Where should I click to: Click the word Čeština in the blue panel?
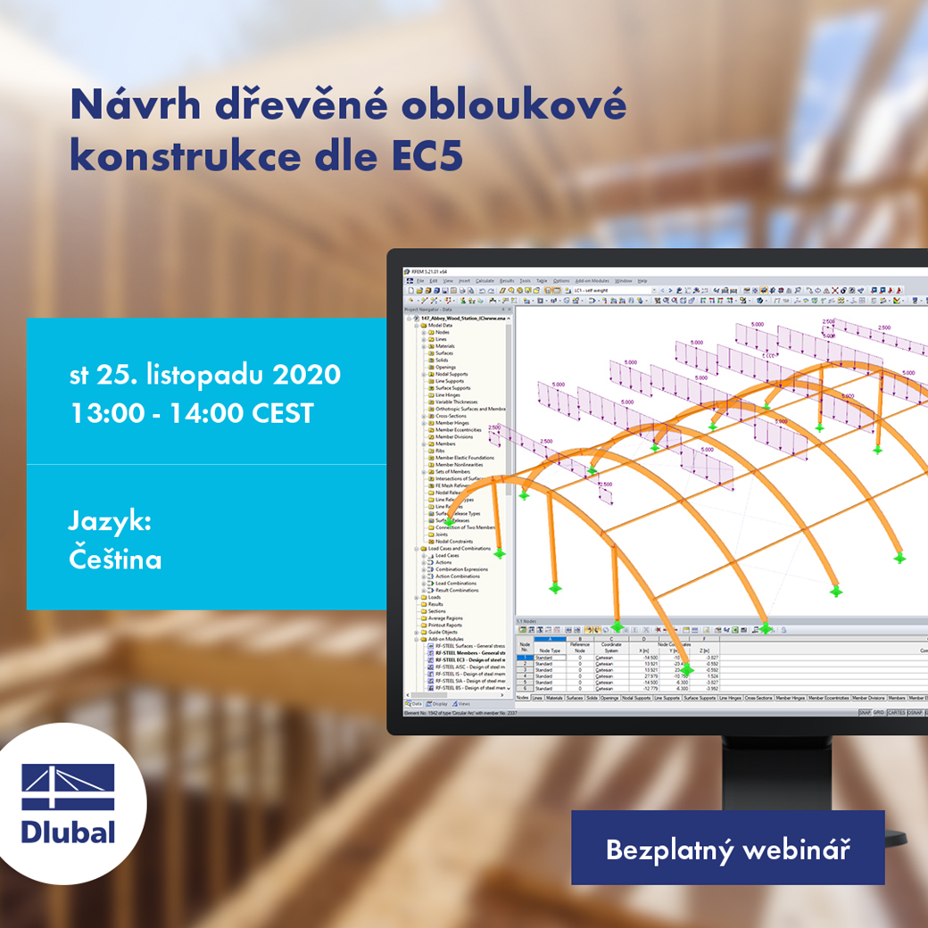point(115,560)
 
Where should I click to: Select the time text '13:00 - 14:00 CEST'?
point(191,414)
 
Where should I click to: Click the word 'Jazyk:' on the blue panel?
point(110,522)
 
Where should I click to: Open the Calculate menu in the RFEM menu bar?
point(485,280)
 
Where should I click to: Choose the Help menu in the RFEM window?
point(642,280)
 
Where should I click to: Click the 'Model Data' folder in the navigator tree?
point(441,326)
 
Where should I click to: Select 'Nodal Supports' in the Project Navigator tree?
point(451,374)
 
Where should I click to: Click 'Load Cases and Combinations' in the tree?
point(459,549)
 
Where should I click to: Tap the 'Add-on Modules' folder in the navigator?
point(446,639)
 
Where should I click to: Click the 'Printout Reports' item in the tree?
point(446,625)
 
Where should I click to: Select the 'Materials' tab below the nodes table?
point(554,698)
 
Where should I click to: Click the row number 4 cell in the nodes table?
point(524,676)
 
